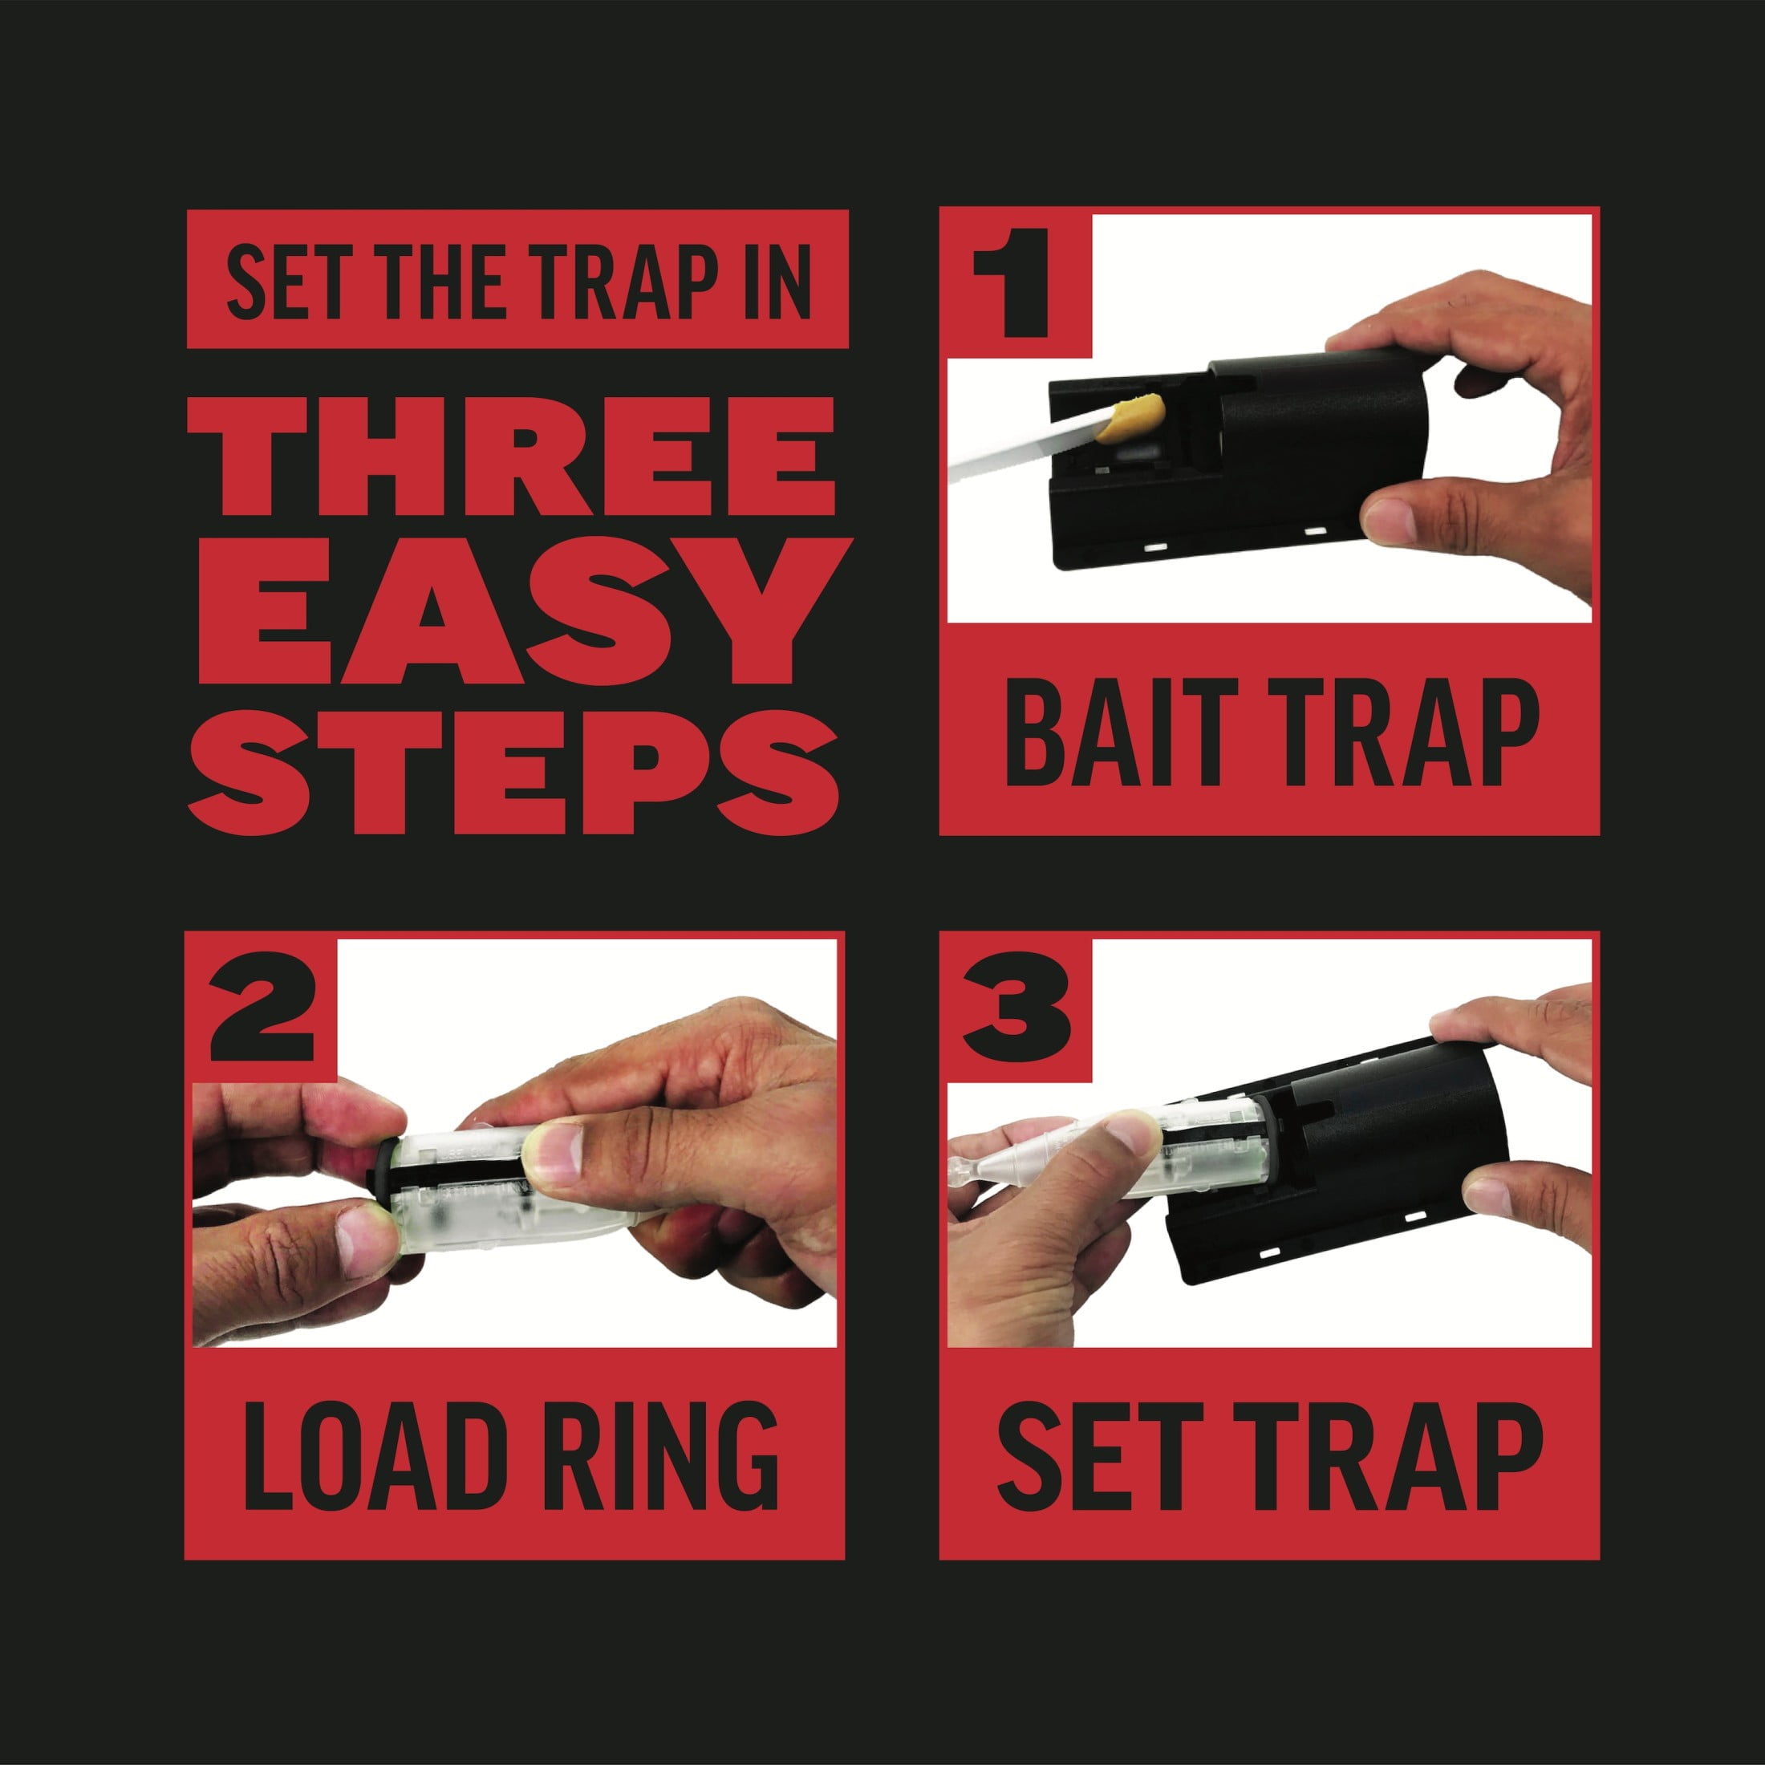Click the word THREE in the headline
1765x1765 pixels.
pos(512,456)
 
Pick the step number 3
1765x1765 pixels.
pos(1016,1008)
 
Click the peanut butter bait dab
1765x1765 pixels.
pos(1130,419)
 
